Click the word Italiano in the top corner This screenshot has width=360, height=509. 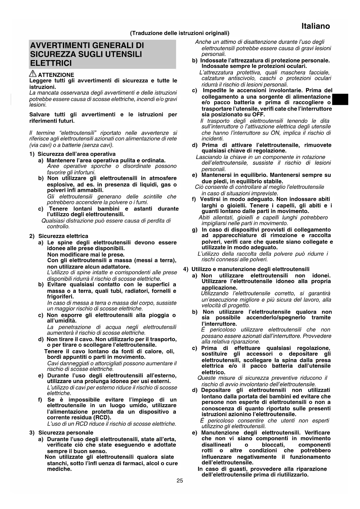pyautogui.click(x=315, y=26)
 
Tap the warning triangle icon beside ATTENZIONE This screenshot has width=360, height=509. pyautogui.click(x=33, y=74)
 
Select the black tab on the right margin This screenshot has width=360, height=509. pyautogui.click(x=340, y=100)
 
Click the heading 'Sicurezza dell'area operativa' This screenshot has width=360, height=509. pyautogui.click(x=77, y=154)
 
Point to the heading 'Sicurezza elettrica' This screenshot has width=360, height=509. pyautogui.click(x=63, y=236)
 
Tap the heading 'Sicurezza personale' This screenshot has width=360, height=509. pyautogui.click(x=66, y=433)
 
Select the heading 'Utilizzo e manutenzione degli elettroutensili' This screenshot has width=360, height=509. pyautogui.click(x=250, y=269)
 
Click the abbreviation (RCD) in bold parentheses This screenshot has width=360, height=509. pyautogui.click(x=102, y=418)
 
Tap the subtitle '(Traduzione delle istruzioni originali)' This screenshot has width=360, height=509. pyautogui.click(x=180, y=33)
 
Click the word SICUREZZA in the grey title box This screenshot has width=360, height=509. pyautogui.click(x=49, y=54)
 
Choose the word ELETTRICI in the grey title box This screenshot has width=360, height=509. pyautogui.click(x=51, y=63)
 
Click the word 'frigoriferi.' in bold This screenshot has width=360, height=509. pyautogui.click(x=60, y=297)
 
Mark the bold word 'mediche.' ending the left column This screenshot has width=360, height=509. pyautogui.click(x=59, y=469)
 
